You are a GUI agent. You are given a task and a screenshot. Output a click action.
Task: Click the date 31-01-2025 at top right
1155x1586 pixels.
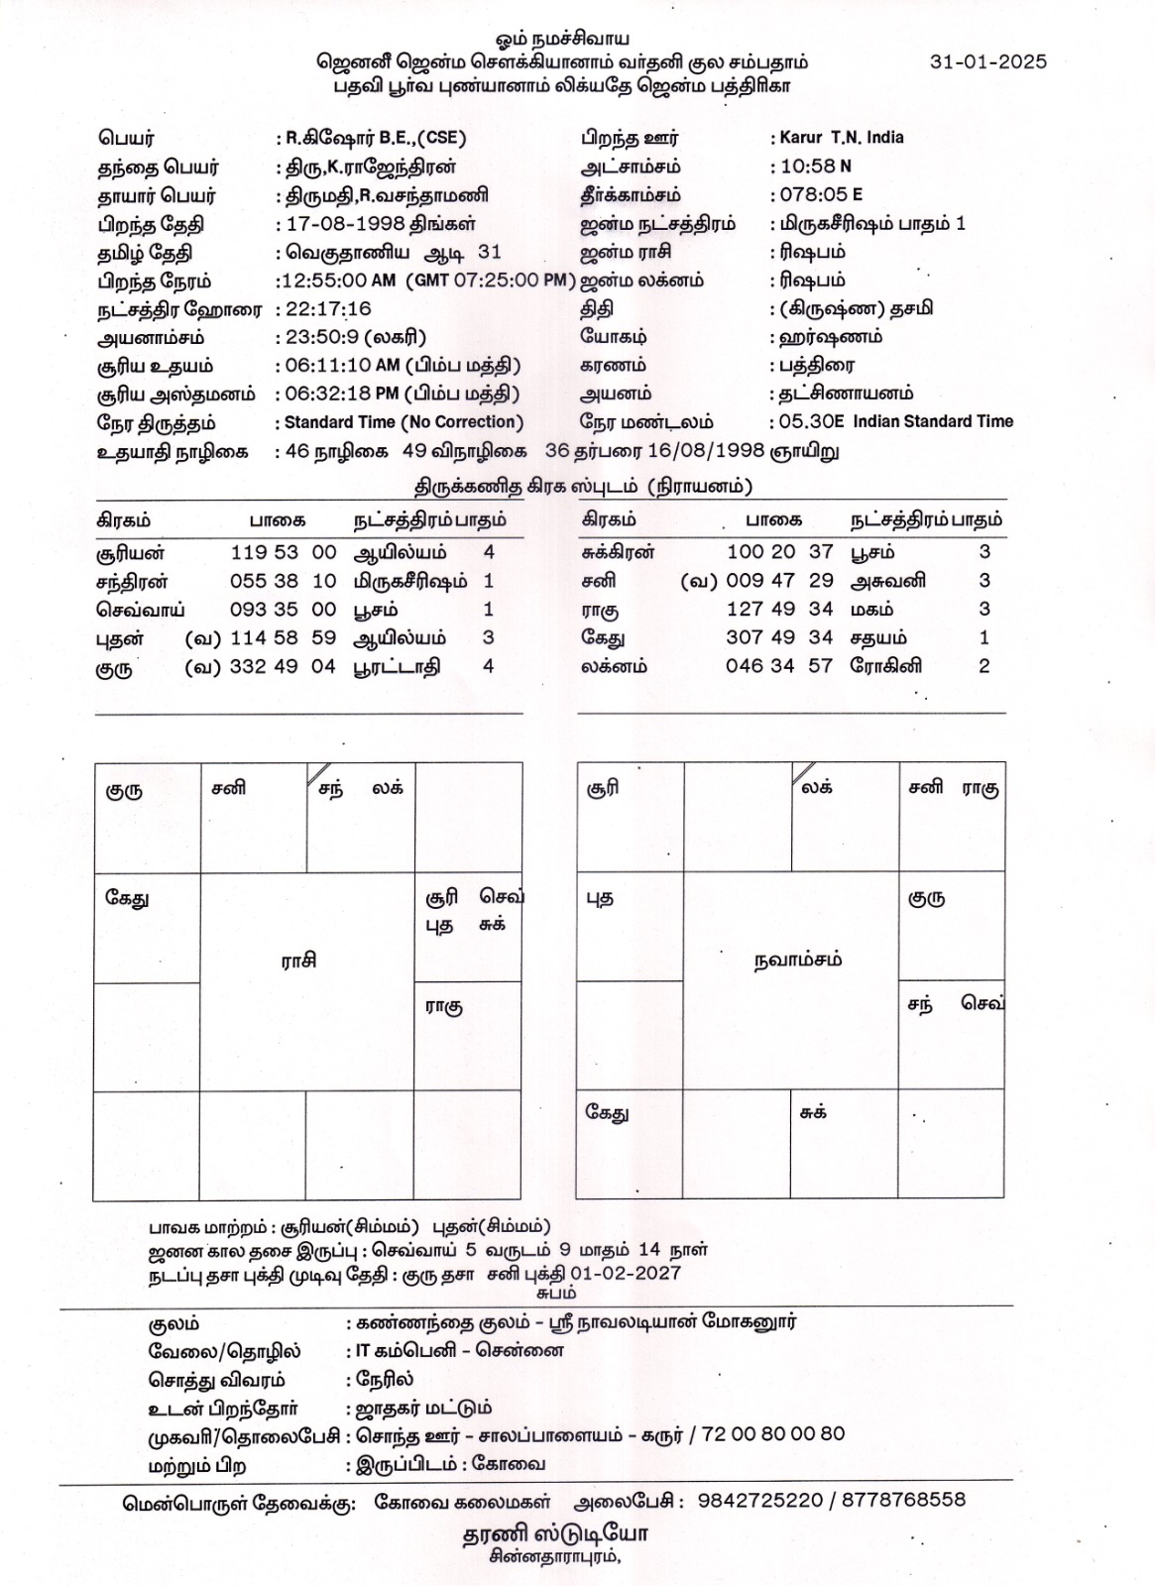tap(987, 61)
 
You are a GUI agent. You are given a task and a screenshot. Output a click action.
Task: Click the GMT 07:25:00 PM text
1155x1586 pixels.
tap(490, 281)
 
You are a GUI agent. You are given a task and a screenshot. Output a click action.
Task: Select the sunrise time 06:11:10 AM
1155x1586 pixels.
tap(342, 366)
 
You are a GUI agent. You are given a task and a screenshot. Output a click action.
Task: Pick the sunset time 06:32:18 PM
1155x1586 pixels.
tap(342, 394)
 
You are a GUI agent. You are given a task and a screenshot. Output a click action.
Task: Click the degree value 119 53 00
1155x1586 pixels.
tap(284, 552)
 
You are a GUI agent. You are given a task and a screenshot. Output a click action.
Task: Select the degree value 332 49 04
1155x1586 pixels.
tap(284, 667)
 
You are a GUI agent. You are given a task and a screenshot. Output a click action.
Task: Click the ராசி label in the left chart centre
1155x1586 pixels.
tap(297, 961)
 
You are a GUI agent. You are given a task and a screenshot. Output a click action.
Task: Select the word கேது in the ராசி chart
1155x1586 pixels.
tap(127, 899)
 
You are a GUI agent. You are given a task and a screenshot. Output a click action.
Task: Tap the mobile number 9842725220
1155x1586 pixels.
tap(760, 1500)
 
